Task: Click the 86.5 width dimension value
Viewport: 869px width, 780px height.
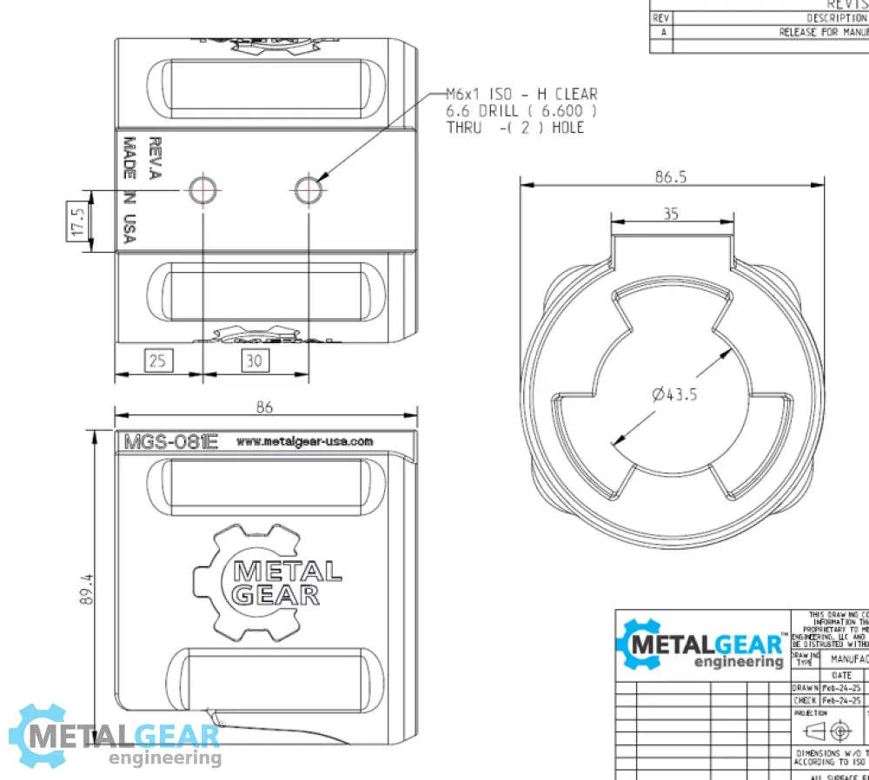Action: [x=671, y=177]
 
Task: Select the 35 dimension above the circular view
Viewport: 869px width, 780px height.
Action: [x=671, y=214]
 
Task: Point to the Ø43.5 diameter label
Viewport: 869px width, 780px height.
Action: [x=674, y=394]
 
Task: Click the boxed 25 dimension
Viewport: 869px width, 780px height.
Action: [x=157, y=360]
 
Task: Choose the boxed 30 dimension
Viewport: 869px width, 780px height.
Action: [x=254, y=360]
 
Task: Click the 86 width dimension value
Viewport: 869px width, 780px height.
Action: [x=265, y=405]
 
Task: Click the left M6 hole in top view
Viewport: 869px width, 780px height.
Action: [x=203, y=188]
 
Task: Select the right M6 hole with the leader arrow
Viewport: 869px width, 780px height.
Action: [x=308, y=188]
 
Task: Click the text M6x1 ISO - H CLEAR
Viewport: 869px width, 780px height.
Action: [x=521, y=94]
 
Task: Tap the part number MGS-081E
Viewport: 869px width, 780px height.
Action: [x=169, y=441]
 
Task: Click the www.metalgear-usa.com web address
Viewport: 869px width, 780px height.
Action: [x=304, y=441]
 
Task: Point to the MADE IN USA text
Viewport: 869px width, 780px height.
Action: [x=130, y=189]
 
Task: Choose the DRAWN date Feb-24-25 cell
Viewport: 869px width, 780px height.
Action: [x=842, y=687]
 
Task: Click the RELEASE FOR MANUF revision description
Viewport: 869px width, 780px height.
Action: [x=822, y=32]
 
